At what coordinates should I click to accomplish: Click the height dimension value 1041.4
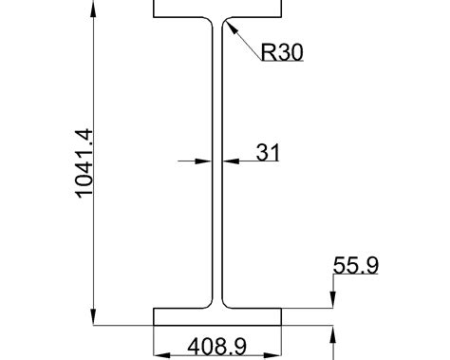coord(84,164)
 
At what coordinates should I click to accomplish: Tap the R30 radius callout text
coord(281,52)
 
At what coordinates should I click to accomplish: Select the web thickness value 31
coord(268,152)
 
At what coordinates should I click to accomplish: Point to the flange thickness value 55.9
coord(356,266)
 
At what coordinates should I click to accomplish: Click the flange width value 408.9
coord(217,347)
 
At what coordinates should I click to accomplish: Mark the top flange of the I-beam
coord(217,9)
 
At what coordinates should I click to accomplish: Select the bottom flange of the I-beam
coord(217,316)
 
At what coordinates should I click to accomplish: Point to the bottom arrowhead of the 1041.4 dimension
coord(94,317)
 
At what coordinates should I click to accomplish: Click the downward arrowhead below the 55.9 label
coord(332,301)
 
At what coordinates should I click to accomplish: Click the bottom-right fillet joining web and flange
coord(227,303)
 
